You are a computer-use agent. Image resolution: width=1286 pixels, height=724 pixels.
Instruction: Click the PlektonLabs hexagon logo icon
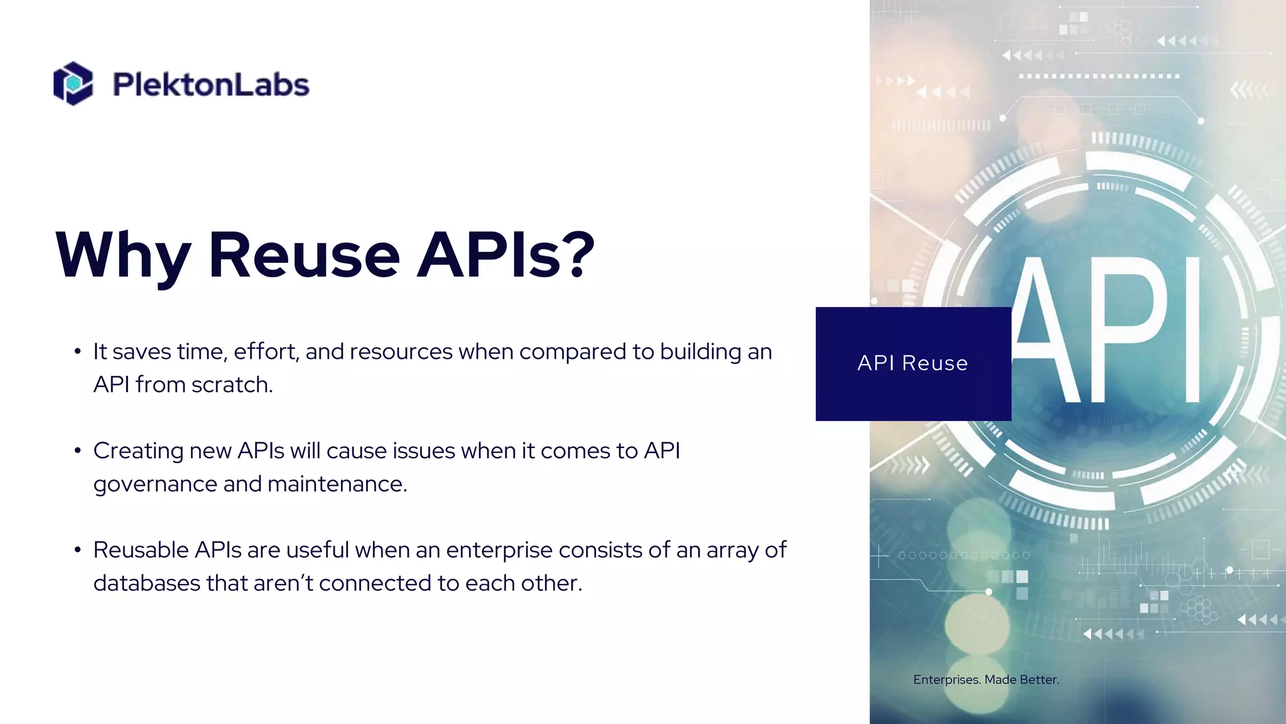73,83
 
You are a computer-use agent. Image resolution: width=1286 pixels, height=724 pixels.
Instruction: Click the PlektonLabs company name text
211,85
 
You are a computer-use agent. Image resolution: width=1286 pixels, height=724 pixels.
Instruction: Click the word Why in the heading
123,255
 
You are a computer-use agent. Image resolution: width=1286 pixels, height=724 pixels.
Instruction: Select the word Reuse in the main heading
304,255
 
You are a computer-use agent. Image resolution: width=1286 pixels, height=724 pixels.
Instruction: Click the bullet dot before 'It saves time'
77,351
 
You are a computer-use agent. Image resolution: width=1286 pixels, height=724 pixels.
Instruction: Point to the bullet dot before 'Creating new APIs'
77,451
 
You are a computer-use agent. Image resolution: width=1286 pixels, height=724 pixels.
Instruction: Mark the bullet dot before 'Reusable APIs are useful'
77,550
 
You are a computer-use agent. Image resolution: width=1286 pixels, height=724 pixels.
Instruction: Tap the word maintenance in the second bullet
337,484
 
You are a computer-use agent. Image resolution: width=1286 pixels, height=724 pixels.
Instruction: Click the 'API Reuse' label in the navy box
912,363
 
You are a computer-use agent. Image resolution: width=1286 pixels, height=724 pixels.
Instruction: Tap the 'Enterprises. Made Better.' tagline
986,679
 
